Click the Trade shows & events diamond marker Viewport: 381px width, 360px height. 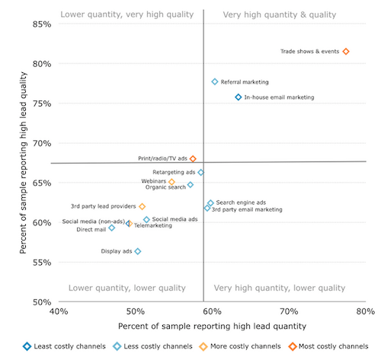tap(346, 52)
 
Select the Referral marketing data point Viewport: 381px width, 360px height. tap(215, 81)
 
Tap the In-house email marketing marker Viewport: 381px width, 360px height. tap(239, 97)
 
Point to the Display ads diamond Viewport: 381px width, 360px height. tap(138, 251)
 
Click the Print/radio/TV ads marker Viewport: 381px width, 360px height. tap(193, 159)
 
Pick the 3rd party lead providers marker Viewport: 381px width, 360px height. tap(142, 206)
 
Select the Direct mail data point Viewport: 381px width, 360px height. tap(112, 228)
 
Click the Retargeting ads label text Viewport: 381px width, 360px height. tap(174, 173)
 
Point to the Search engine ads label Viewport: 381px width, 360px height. tap(241, 202)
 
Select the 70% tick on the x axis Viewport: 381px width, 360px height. tap(289, 311)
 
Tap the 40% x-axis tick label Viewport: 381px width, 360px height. tap(59, 311)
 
